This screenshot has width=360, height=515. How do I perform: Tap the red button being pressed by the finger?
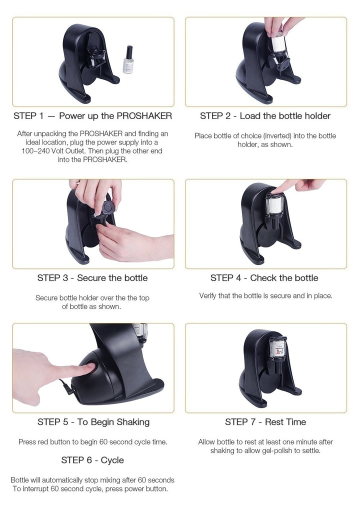(x=90, y=366)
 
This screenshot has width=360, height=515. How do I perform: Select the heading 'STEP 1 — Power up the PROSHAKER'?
(x=92, y=116)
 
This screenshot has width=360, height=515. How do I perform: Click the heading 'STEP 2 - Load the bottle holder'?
(x=265, y=116)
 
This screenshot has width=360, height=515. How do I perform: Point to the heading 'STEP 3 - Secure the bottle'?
(x=92, y=278)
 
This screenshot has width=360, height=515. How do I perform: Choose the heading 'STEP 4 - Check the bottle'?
(x=264, y=278)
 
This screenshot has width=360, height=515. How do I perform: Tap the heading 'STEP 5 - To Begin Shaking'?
(x=93, y=422)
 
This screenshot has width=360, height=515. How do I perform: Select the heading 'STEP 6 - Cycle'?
(x=92, y=460)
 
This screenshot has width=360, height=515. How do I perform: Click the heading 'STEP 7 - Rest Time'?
(x=265, y=422)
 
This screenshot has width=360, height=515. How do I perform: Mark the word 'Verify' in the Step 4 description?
(x=207, y=296)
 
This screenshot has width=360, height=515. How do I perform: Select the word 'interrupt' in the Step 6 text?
(x=35, y=489)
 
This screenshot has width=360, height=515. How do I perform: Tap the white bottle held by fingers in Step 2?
(x=278, y=42)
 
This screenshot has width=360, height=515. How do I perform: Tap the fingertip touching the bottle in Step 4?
(x=274, y=190)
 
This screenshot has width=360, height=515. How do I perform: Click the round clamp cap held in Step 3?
(x=107, y=208)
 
